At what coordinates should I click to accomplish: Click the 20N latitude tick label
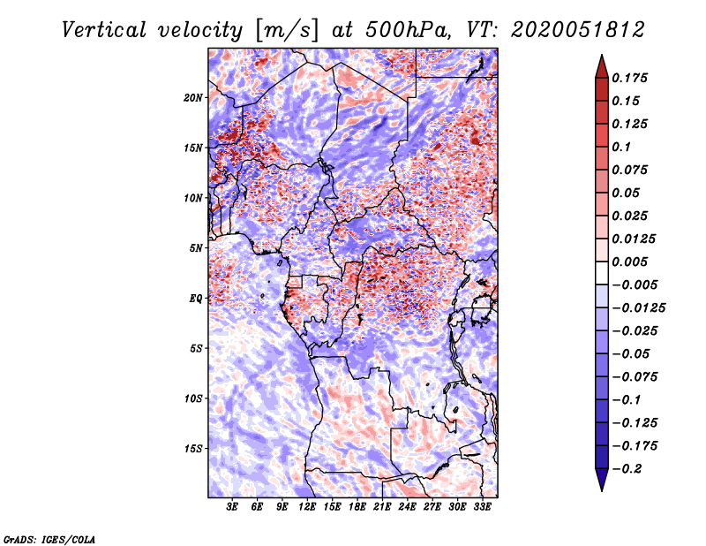click(x=193, y=97)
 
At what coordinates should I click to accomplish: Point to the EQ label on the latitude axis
click(x=197, y=299)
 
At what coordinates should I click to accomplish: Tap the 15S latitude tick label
click(x=193, y=449)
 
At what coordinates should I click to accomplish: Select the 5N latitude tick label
click(x=196, y=248)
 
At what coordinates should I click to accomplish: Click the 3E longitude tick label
click(x=233, y=507)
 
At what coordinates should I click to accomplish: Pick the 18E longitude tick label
click(x=357, y=507)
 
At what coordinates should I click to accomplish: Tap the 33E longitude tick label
click(x=482, y=507)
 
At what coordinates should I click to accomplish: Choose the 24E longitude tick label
click(x=407, y=507)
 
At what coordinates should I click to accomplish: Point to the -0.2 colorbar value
click(x=629, y=468)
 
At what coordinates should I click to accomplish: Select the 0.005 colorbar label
click(x=632, y=262)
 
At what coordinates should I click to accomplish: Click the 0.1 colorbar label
click(x=624, y=147)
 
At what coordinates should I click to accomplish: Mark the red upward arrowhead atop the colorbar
click(x=600, y=64)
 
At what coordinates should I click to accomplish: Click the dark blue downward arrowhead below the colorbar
click(x=600, y=480)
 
